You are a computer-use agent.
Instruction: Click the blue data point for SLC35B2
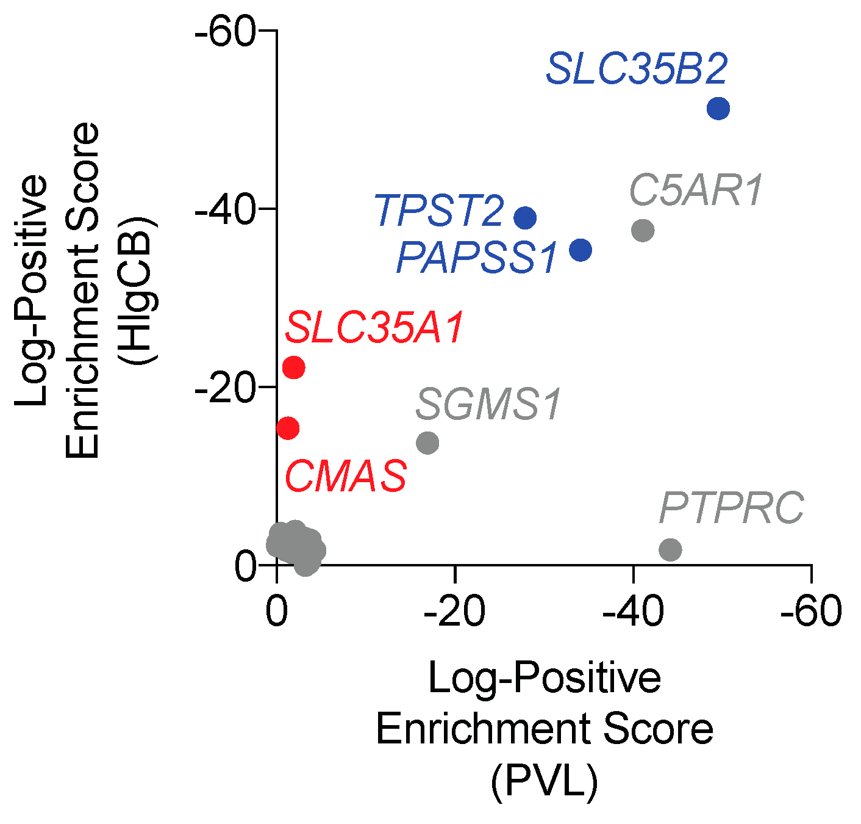click(718, 109)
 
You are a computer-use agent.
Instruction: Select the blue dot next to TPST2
click(525, 217)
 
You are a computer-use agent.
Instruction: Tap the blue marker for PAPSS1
click(581, 250)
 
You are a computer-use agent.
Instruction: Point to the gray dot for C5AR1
click(643, 230)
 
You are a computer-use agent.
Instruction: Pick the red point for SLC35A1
click(294, 367)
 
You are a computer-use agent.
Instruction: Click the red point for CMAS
click(288, 428)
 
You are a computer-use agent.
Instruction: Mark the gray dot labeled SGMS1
click(427, 443)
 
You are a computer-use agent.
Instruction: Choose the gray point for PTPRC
click(670, 549)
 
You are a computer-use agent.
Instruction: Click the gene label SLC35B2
click(637, 70)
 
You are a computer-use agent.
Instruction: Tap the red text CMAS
click(346, 477)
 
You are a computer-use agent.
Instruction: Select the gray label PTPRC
click(731, 508)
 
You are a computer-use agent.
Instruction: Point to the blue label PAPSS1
click(477, 258)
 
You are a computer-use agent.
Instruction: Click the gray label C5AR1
click(696, 191)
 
